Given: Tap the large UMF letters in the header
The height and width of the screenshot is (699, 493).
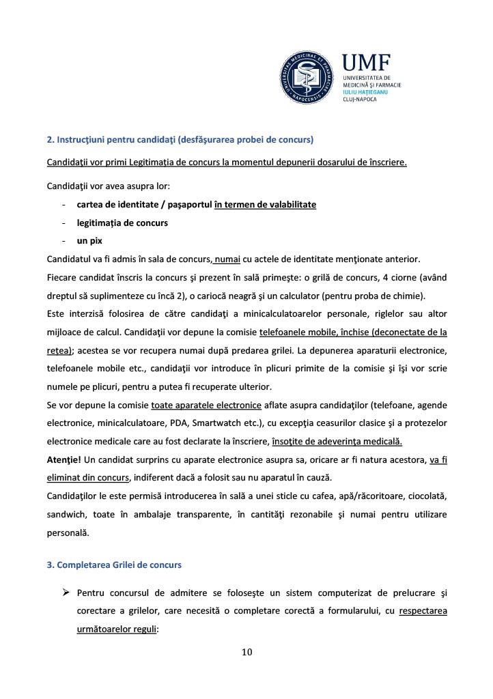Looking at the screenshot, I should pyautogui.click(x=366, y=63).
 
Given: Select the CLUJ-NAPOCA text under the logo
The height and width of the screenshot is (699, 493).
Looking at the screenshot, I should pyautogui.click(x=359, y=99).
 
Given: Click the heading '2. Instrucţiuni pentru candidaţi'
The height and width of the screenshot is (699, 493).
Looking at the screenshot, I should pyautogui.click(x=180, y=140).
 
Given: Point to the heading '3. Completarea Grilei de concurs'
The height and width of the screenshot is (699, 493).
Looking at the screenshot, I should pyautogui.click(x=114, y=565).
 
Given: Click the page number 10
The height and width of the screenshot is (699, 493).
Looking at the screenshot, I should pyautogui.click(x=246, y=652).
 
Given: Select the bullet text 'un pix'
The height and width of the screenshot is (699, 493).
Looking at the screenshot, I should pyautogui.click(x=89, y=241).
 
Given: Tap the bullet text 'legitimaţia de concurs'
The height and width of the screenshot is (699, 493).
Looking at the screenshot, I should pyautogui.click(x=122, y=223).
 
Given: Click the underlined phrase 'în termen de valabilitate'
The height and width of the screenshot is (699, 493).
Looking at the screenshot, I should pyautogui.click(x=265, y=205).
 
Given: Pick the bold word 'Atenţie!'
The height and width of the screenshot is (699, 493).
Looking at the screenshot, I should pyautogui.click(x=64, y=460).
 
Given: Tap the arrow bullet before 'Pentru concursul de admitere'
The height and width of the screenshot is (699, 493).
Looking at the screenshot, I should pyautogui.click(x=67, y=592).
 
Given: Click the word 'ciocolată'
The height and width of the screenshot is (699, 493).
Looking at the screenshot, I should pyautogui.click(x=427, y=495).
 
